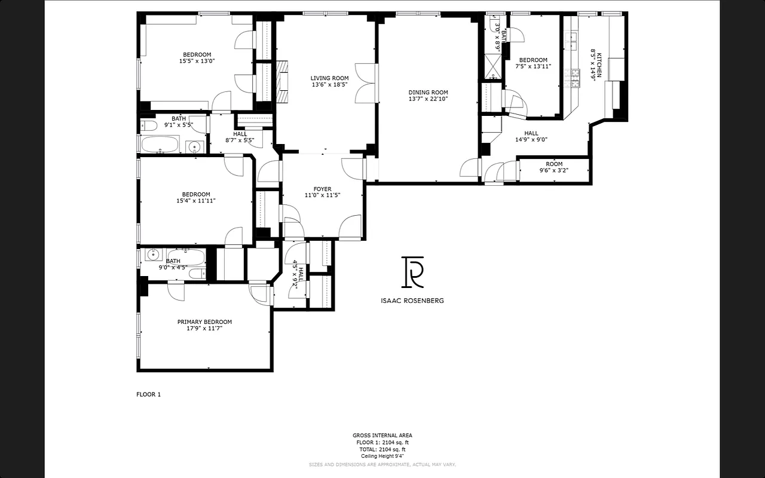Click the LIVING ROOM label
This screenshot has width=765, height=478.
329,78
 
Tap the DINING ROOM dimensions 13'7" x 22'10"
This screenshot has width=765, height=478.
428,100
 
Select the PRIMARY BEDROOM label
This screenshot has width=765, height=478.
204,322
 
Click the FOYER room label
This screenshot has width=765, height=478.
322,189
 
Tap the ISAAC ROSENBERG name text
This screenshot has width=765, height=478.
412,301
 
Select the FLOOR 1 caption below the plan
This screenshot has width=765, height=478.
149,394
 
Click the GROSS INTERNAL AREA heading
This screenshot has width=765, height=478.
382,436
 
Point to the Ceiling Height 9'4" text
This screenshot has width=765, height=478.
382,456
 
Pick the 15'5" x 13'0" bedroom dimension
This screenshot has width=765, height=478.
197,61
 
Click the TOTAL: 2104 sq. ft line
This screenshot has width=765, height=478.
382,449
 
